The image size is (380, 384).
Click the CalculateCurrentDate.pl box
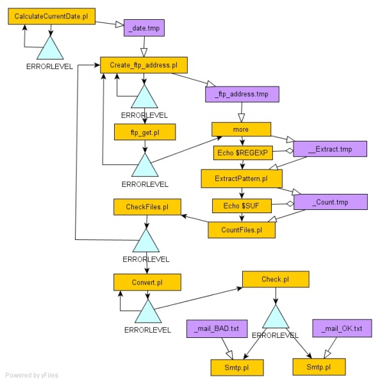(x=51, y=15)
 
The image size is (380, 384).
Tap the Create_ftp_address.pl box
(x=144, y=65)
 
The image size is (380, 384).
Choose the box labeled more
(x=241, y=129)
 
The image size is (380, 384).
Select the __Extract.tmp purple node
(x=330, y=148)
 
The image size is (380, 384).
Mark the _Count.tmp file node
(x=331, y=202)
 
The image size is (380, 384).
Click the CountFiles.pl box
(x=242, y=229)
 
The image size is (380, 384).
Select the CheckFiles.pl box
(x=147, y=206)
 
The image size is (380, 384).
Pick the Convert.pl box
(x=147, y=282)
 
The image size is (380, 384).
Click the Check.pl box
(x=276, y=279)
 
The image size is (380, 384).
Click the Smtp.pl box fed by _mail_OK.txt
(x=319, y=367)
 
